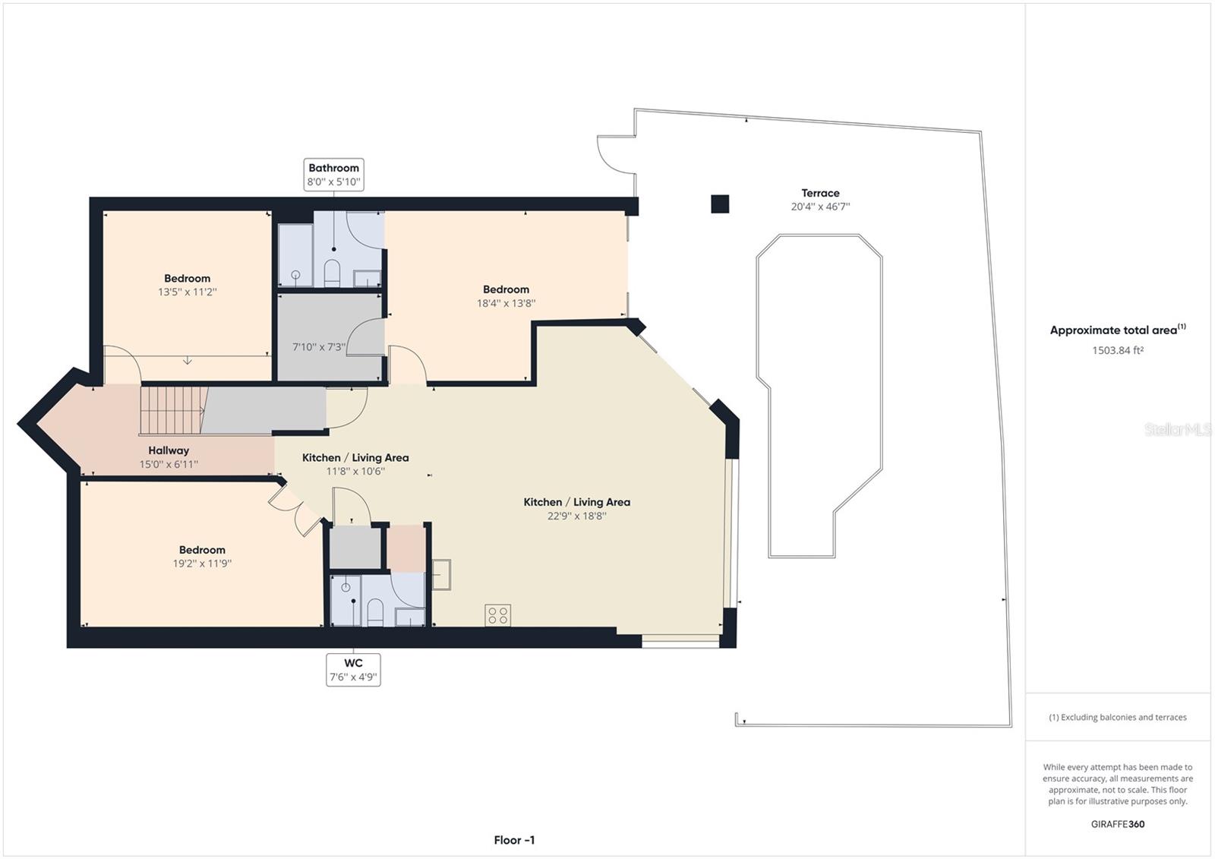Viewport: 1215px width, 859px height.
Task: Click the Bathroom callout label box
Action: [333, 175]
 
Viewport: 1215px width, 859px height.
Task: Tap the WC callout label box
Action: [353, 670]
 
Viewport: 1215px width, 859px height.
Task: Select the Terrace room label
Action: [820, 193]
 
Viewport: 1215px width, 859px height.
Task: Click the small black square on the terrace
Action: [720, 204]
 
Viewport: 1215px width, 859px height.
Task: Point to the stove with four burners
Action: [498, 615]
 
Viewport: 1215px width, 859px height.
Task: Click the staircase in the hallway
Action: [173, 410]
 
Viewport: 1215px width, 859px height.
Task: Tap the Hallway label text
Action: [169, 450]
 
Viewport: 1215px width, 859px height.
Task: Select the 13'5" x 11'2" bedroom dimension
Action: [187, 292]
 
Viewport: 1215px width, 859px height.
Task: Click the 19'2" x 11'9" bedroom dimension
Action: [202, 564]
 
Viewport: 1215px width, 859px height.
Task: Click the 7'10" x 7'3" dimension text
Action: [319, 347]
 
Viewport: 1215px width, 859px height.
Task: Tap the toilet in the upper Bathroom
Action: [332, 273]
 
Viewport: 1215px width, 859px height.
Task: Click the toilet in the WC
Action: [375, 611]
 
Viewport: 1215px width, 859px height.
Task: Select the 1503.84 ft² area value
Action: [1118, 350]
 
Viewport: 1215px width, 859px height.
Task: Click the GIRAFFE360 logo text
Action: [1117, 824]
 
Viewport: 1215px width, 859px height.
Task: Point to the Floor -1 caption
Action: [514, 840]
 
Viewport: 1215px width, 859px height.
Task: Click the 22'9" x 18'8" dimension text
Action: [576, 516]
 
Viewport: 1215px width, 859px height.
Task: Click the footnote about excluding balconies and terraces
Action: [1118, 717]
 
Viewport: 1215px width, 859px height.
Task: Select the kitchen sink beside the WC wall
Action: [441, 574]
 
